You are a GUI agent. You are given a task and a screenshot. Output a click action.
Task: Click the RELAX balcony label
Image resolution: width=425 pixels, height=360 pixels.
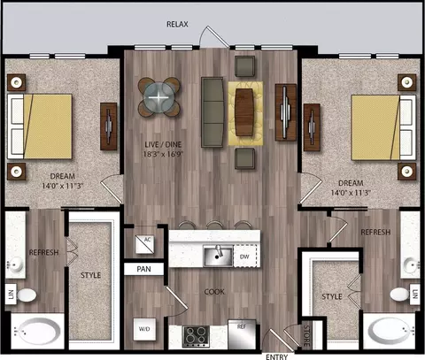(177, 24)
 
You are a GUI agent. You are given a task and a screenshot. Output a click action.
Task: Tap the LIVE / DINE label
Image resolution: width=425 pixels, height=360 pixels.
(163, 144)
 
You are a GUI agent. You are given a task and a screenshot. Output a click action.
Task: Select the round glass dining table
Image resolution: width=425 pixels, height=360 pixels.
(158, 96)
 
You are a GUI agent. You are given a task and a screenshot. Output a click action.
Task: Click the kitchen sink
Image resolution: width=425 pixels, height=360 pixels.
(218, 257)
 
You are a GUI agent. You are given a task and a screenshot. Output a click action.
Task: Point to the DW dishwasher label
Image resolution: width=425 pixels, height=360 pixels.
(244, 257)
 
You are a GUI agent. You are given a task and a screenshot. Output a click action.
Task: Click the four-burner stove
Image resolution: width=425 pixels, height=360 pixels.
(196, 336)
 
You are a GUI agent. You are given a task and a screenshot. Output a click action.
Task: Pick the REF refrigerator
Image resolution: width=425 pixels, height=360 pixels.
(242, 334)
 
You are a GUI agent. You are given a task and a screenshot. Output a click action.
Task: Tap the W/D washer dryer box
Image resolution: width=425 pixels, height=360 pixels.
(144, 329)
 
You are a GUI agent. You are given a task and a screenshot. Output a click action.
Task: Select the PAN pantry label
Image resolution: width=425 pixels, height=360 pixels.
(143, 269)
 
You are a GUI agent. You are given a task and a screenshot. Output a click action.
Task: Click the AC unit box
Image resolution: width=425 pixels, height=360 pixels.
(144, 244)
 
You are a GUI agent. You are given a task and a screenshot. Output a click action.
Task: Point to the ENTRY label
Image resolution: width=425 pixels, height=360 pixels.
(276, 356)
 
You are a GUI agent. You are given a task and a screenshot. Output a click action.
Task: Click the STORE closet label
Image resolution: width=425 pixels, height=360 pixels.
(307, 335)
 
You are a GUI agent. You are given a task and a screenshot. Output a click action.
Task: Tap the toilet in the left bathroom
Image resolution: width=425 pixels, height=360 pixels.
(27, 295)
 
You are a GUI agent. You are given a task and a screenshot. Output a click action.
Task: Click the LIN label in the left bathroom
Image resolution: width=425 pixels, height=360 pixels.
(11, 294)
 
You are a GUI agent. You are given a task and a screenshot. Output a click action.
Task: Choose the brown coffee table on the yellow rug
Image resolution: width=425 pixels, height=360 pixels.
(244, 112)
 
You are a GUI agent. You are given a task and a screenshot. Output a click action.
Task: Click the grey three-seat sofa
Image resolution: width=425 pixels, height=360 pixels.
(212, 112)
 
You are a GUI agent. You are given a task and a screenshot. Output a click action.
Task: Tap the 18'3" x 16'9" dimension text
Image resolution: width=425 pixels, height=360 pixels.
(163, 154)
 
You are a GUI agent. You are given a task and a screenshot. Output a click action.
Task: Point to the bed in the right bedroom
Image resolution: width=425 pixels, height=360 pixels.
(383, 127)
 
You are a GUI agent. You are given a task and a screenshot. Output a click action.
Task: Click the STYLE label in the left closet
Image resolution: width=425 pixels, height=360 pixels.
(90, 275)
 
